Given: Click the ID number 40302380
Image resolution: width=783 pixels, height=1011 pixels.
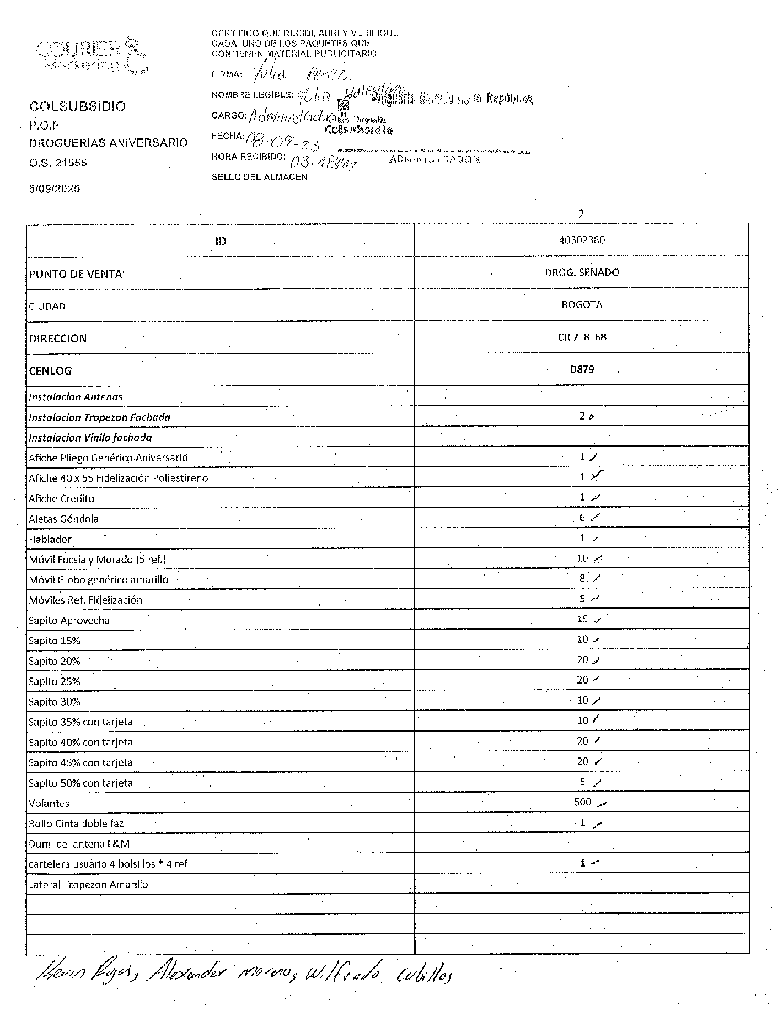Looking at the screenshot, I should click(581, 240).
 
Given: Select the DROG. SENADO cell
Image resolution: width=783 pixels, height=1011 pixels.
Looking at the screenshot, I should click(581, 272).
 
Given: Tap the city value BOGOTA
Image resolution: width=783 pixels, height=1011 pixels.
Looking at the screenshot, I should click(581, 305).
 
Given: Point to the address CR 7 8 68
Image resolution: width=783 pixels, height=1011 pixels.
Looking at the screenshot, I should click(582, 337).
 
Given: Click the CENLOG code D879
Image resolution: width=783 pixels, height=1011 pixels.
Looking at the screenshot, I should click(582, 369).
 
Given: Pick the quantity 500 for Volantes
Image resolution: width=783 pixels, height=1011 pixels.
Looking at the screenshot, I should click(582, 802).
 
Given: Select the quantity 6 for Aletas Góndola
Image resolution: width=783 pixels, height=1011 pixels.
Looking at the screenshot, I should click(582, 518).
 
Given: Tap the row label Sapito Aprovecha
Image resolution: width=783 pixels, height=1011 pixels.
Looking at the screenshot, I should click(69, 621).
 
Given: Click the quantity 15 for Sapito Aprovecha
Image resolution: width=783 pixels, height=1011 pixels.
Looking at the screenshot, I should click(582, 619).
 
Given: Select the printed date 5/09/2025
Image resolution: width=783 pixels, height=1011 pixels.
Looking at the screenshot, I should click(55, 189).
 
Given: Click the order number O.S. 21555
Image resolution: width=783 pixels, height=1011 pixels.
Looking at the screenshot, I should click(58, 163).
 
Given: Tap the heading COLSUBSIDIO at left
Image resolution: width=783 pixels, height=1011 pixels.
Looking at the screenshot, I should click(77, 106).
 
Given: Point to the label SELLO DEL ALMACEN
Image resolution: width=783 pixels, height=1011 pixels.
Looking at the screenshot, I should click(259, 177).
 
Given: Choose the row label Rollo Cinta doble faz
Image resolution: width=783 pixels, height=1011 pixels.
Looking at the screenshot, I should click(76, 824).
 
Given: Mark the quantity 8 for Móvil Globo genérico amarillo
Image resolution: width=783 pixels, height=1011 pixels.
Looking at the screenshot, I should click(582, 579).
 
